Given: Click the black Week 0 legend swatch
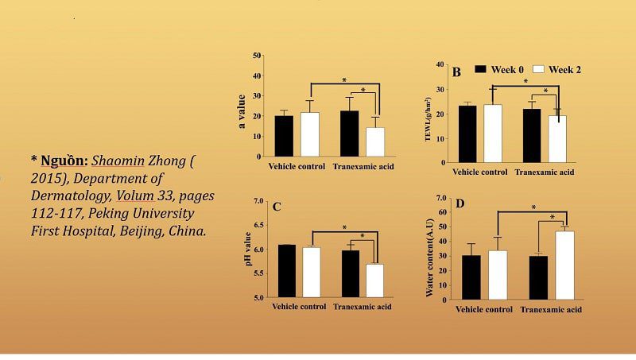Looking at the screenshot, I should tap(480, 70).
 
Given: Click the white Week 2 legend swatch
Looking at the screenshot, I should tap(537, 70).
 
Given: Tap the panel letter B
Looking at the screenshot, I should tap(456, 72).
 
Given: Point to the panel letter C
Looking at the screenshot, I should tap(276, 207).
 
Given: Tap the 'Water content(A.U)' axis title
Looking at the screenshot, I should tap(429, 248).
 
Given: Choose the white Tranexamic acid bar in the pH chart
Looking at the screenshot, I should tap(374, 281).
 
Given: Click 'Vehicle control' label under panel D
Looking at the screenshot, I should tap(483, 308).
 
